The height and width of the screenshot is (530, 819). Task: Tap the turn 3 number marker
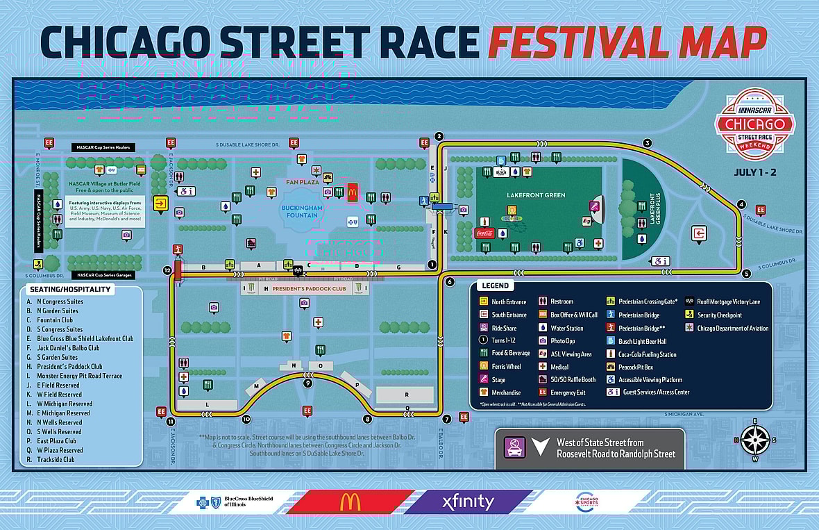[x=647, y=143]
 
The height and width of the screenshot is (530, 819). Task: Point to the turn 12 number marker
[x=167, y=270]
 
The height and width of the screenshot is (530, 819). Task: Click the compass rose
[x=755, y=440]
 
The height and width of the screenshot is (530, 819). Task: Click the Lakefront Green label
[x=536, y=195]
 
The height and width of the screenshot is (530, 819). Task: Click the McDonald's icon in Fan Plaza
[x=352, y=192]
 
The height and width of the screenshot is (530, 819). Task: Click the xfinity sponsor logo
[x=468, y=501]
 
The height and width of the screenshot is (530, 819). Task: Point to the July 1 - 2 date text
[x=754, y=173]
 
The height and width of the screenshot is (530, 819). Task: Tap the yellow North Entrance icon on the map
[x=161, y=204]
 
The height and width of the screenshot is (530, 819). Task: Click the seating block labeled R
[x=405, y=395]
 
